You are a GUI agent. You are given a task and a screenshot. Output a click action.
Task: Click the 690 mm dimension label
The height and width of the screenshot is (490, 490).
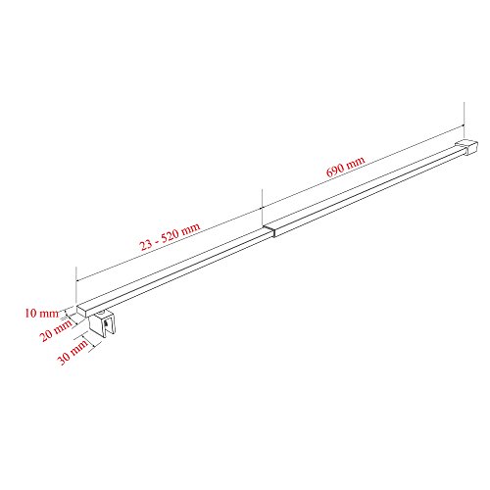[346, 167]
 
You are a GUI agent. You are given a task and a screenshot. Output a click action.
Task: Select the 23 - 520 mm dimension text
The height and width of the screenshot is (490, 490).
[170, 236]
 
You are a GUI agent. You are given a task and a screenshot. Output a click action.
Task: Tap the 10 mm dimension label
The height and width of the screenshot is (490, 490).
[41, 314]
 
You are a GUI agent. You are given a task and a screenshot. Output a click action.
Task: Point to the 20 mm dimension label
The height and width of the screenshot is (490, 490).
[56, 330]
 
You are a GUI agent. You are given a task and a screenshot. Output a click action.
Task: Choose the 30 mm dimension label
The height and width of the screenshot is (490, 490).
[73, 352]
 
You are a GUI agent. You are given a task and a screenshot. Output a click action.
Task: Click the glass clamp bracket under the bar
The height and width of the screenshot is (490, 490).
[102, 324]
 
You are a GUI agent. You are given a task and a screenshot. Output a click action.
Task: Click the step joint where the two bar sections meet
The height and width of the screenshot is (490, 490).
[269, 230]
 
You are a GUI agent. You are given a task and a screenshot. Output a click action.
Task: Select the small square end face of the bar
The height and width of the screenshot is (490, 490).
[81, 311]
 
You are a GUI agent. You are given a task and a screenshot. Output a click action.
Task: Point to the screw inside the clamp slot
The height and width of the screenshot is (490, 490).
[106, 323]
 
